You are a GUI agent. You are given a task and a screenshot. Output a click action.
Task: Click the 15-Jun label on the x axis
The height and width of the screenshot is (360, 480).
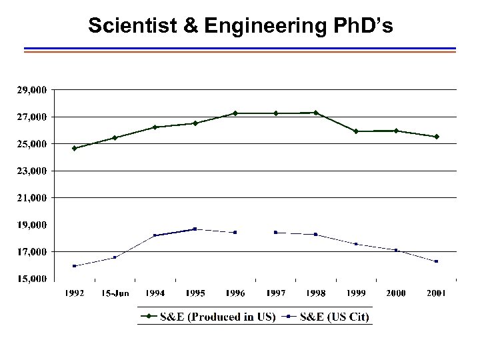pos(115,293)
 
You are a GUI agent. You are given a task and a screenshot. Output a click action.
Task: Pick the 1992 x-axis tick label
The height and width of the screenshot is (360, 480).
pos(74,293)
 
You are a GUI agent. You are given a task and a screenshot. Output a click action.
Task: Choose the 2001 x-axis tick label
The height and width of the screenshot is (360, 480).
pos(436,293)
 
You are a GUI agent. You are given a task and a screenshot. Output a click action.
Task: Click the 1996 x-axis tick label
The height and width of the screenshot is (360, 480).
pos(235,293)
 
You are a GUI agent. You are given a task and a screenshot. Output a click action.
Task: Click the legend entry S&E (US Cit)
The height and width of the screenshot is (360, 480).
pos(326,316)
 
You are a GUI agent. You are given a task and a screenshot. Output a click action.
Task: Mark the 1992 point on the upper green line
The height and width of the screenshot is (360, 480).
pos(74,148)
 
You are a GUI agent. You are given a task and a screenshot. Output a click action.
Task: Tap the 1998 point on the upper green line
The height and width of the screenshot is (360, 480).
pos(315,113)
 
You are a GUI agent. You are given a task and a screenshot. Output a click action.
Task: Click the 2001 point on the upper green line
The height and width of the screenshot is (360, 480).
pos(437,137)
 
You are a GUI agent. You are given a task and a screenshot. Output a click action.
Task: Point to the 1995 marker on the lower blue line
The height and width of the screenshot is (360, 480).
pos(195,229)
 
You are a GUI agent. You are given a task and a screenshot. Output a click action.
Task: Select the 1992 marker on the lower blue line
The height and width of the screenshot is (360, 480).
pos(74,266)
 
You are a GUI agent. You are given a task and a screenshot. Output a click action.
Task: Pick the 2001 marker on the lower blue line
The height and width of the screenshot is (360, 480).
pos(437,261)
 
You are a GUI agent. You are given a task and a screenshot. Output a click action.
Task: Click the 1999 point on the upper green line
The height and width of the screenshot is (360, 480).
pos(356,131)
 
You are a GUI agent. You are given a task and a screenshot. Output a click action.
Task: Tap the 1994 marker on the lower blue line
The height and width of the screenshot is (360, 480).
pos(155,235)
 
